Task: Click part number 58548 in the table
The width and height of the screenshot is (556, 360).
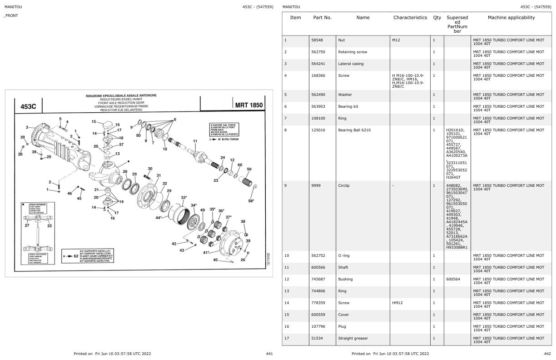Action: coord(317,40)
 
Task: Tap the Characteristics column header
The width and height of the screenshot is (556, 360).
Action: coord(410,18)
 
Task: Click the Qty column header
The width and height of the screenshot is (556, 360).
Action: coord(437,18)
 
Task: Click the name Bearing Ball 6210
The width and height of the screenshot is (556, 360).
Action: coord(354,130)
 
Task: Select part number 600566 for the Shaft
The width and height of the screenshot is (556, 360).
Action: coord(318,267)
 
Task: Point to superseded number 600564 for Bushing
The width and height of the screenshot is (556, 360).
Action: coord(453,279)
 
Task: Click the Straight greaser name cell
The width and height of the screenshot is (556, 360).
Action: coord(353,338)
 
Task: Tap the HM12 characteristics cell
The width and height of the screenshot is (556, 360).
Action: coord(397,303)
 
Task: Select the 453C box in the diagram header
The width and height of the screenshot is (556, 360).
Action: coord(28,106)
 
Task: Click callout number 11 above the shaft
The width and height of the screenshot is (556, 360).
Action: coord(195,141)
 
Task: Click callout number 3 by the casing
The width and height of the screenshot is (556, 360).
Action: coord(27,127)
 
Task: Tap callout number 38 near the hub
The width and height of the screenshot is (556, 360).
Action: coord(243,221)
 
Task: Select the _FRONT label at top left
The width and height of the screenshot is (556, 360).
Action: coord(11,16)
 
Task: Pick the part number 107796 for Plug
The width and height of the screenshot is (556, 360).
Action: coord(318,326)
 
